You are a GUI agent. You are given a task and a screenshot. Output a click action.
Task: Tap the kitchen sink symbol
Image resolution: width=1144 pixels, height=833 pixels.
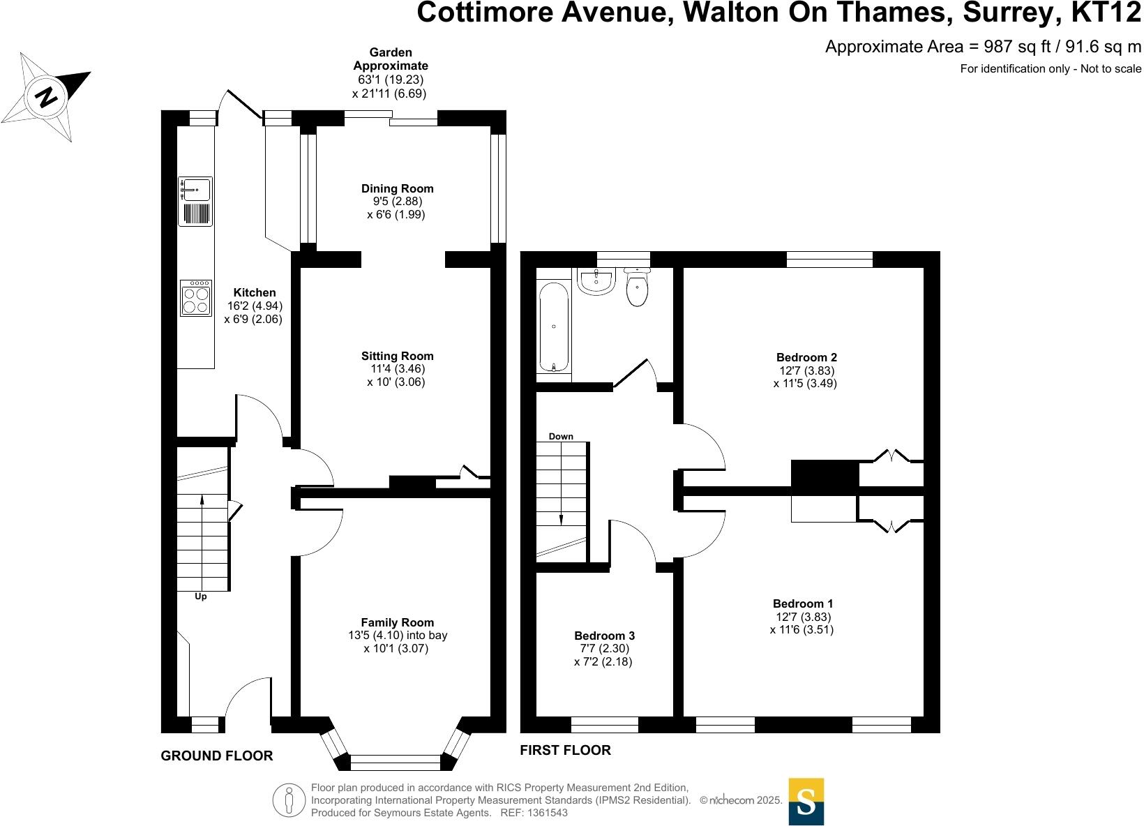[x=195, y=189]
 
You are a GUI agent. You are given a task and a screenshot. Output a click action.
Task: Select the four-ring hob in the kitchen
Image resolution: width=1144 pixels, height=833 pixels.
[x=195, y=299]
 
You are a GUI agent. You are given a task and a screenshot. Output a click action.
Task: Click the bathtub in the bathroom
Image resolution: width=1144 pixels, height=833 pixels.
[x=554, y=327]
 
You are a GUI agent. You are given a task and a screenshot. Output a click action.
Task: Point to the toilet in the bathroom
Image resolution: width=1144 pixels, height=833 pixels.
[x=638, y=288]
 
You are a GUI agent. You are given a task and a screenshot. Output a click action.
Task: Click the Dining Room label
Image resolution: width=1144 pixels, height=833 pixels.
[x=397, y=188]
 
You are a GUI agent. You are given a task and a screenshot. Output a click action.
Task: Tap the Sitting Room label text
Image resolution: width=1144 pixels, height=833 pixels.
[x=397, y=356]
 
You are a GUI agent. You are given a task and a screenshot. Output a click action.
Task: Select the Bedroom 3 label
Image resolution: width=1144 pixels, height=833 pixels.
[x=604, y=636]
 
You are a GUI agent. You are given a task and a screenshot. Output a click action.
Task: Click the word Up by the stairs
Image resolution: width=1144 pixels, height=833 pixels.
[x=201, y=596]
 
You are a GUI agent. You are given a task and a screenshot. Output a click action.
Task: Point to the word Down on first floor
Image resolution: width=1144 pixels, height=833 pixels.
[x=561, y=437]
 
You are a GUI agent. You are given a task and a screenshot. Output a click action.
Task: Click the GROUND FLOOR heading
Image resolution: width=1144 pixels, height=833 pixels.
[x=217, y=756]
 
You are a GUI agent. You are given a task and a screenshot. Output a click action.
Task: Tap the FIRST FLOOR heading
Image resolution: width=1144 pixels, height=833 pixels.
[x=565, y=750]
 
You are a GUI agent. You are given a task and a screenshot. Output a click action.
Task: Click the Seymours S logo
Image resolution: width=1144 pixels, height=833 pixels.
[x=806, y=801]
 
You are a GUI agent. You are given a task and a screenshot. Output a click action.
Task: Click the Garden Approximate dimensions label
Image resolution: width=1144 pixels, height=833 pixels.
[x=390, y=73]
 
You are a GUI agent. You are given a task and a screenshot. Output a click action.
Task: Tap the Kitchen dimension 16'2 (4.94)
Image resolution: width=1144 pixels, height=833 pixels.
[x=255, y=306]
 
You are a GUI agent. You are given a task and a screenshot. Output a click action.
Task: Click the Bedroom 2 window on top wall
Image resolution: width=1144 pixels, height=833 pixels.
[x=829, y=260]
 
